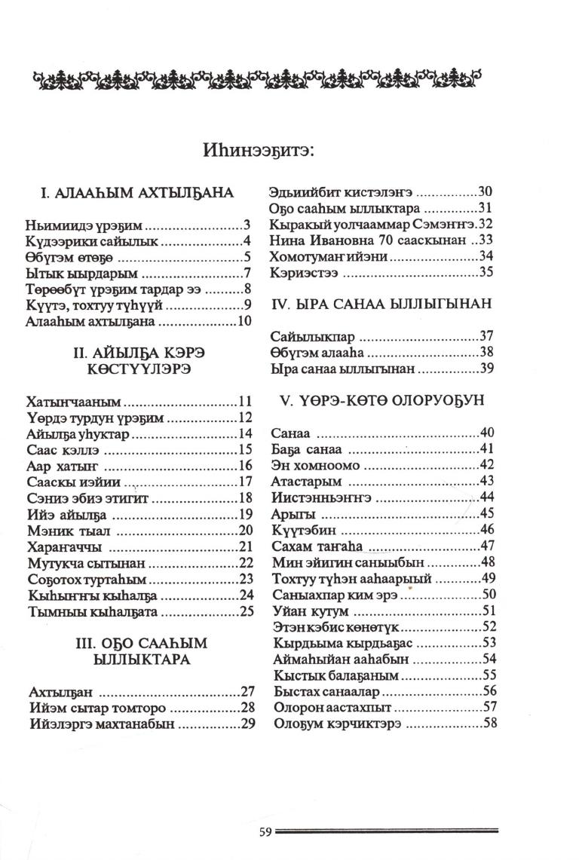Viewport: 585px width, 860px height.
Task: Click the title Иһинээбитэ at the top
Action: (x=258, y=149)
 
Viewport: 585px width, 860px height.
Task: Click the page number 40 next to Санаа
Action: (x=486, y=433)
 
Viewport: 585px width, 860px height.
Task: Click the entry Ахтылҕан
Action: (x=60, y=691)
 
